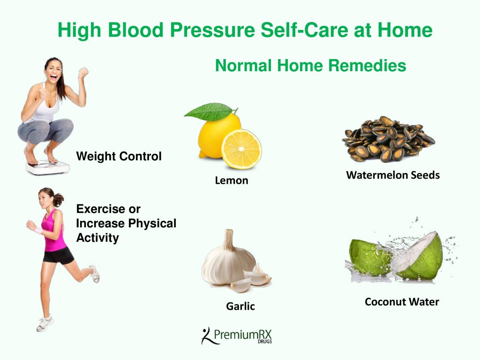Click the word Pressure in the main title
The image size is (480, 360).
[x=212, y=30]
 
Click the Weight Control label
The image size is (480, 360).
[x=119, y=156]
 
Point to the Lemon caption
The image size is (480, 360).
[x=232, y=180]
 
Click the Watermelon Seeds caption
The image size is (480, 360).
[x=393, y=175]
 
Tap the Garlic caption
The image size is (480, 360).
[x=240, y=306]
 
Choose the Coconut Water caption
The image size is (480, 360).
[x=402, y=301]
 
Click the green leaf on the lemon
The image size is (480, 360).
[x=210, y=112]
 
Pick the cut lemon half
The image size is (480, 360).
[x=241, y=149]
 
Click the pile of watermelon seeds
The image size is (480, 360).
[x=388, y=139]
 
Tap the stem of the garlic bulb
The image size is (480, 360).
[x=228, y=240]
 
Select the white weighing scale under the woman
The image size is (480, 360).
[x=47, y=167]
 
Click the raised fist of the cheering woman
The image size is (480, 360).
[x=83, y=74]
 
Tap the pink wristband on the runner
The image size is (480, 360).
[x=38, y=231]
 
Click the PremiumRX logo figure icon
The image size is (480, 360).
[x=207, y=336]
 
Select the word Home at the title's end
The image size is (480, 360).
[x=405, y=30]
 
